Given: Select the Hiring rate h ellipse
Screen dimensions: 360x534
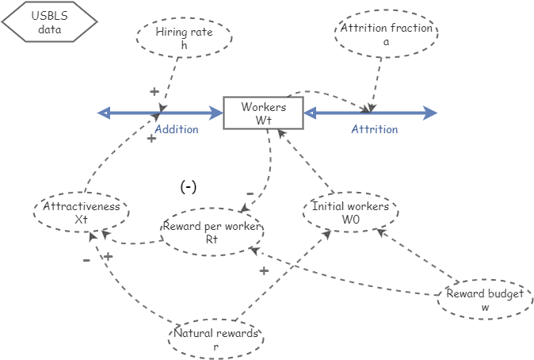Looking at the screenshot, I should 185,38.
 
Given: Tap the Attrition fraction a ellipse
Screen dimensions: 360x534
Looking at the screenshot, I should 387,35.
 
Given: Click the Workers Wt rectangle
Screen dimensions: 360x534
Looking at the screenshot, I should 263,113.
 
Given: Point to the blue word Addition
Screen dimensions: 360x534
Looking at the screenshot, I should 176,129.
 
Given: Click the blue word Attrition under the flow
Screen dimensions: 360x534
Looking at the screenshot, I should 374,129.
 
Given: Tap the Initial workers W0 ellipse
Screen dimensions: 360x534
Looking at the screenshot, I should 350,213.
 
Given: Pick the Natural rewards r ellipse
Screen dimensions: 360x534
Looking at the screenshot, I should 216,339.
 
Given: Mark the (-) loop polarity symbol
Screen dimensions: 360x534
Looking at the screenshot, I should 188,187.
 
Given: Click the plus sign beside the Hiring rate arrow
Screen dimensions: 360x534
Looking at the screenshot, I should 154,92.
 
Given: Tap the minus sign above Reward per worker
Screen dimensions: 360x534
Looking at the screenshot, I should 250,193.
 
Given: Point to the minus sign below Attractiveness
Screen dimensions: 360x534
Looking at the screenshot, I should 86,259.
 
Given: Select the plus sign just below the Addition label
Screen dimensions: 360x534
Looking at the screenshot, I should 151,139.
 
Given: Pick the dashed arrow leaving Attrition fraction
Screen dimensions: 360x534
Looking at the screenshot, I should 376,82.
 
